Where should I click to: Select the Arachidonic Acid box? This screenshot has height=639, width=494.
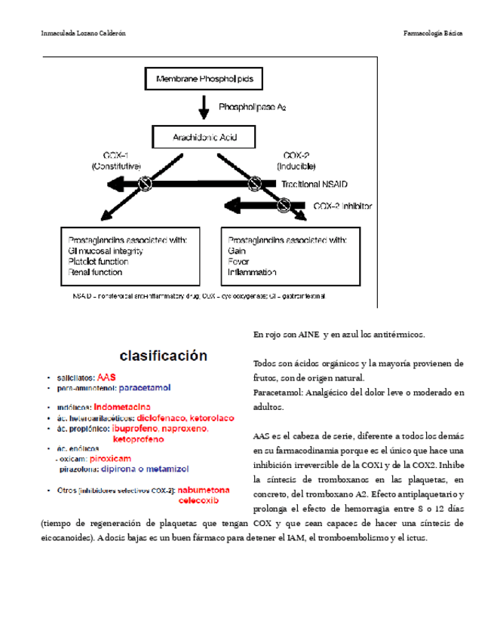click(x=204, y=138)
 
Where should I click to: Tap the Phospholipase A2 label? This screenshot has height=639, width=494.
click(x=253, y=109)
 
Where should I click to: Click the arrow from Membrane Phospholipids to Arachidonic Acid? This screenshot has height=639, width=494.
click(x=204, y=109)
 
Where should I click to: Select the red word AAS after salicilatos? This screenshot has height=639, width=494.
click(x=106, y=378)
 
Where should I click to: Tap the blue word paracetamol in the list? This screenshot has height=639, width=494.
click(x=146, y=388)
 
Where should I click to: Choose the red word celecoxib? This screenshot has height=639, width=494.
click(x=198, y=499)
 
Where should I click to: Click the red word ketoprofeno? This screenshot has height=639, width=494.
click(x=139, y=438)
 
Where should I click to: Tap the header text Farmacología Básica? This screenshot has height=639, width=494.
click(x=433, y=34)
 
